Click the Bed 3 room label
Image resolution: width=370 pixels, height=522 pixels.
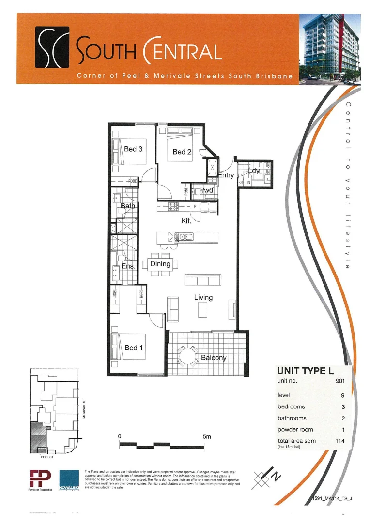click(x=133, y=149)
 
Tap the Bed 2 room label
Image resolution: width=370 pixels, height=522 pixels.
click(x=182, y=152)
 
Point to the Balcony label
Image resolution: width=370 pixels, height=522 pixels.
click(x=214, y=358)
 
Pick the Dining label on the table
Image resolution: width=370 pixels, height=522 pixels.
click(x=160, y=264)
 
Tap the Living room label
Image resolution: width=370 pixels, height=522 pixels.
click(x=203, y=297)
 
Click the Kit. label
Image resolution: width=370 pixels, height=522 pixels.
click(x=186, y=221)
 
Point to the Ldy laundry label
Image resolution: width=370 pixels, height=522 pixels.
click(x=254, y=171)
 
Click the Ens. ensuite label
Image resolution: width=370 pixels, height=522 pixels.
click(x=128, y=266)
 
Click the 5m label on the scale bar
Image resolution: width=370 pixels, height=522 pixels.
click(x=207, y=436)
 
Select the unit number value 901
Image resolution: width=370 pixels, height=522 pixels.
click(x=339, y=381)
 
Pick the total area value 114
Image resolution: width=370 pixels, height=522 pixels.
click(x=339, y=441)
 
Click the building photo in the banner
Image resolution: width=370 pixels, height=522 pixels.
click(x=329, y=48)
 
